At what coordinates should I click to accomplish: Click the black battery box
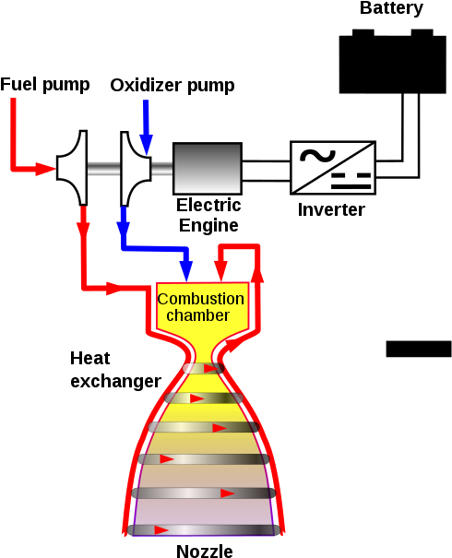[x=393, y=64]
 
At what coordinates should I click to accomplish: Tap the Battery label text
[x=391, y=8]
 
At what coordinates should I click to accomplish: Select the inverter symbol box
[x=333, y=168]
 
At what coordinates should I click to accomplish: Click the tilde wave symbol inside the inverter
[x=317, y=156]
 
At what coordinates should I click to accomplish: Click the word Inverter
[x=331, y=209]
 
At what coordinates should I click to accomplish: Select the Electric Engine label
[x=208, y=215]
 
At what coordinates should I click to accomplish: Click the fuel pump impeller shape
[x=72, y=168]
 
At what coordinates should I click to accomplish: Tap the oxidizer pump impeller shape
[x=136, y=169]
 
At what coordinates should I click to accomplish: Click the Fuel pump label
[x=45, y=85]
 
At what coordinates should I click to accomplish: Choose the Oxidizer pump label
[x=172, y=86]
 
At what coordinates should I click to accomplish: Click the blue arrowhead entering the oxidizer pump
[x=147, y=145]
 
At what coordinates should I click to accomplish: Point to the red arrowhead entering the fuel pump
[x=45, y=169]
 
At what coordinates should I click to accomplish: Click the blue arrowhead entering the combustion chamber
[x=186, y=271]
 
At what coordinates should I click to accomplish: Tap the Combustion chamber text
[x=201, y=307]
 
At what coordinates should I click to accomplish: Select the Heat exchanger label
[x=115, y=370]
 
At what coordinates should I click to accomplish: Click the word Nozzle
[x=205, y=551]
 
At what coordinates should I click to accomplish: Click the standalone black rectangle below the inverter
[x=419, y=349]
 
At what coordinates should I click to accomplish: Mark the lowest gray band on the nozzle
[x=204, y=530]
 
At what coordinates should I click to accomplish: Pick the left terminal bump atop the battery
[x=363, y=32]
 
